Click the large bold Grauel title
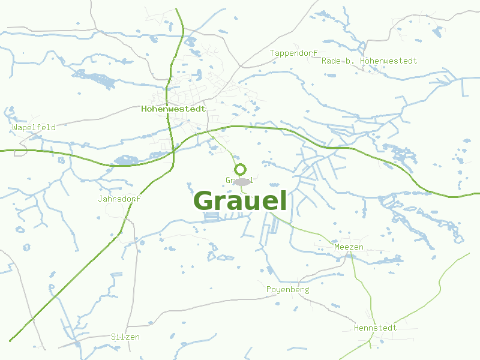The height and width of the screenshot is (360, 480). pos(240,201)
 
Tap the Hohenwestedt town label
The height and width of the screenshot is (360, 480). pos(173,109)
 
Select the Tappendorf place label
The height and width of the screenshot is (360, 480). pos(293,53)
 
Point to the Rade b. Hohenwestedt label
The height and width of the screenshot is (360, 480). pos(369,61)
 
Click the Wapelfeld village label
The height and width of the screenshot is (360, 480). pos(34,127)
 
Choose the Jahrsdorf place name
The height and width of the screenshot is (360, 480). pos(119,199)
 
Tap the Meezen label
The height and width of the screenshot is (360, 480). pos(349,247)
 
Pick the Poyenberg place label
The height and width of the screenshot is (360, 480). pos(287,290)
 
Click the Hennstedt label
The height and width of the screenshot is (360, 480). pos(375,328)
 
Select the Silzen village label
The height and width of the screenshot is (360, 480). pos(125,337)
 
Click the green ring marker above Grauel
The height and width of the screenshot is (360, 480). pos(241,169)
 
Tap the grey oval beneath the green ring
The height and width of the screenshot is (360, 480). pos(241,181)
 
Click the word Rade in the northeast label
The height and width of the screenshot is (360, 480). pos(331,61)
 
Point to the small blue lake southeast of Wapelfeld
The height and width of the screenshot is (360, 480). pos(125,160)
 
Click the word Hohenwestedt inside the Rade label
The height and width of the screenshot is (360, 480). pos(389,61)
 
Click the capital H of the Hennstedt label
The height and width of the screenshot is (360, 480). pos(356,328)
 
